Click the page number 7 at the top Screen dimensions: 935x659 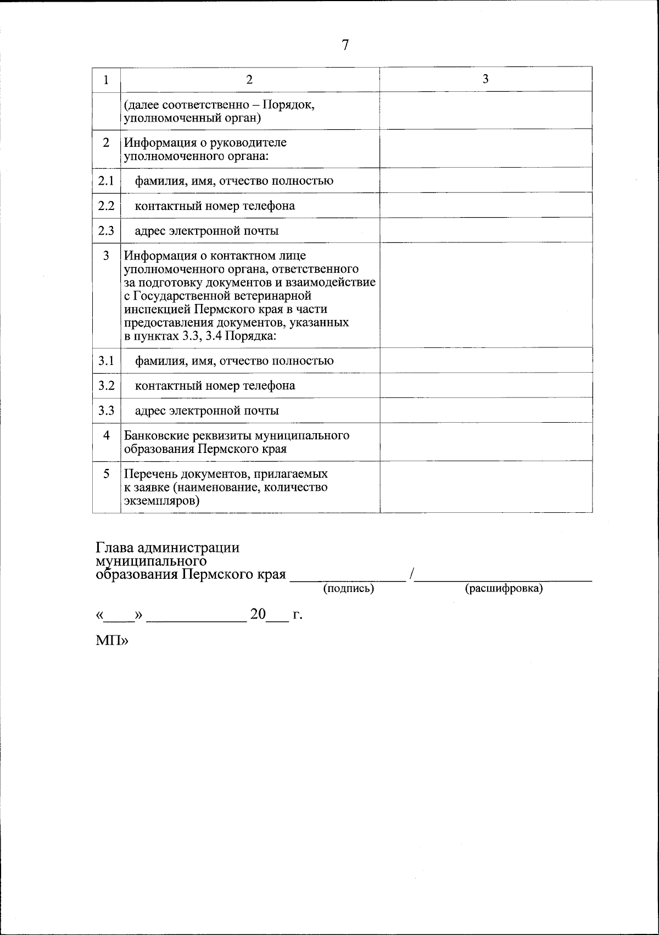(345, 45)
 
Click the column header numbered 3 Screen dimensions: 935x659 (485, 79)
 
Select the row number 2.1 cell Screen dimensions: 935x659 (106, 180)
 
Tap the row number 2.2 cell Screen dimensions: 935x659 (106, 205)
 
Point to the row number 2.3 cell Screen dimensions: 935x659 (106, 230)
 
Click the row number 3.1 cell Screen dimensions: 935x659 (106, 361)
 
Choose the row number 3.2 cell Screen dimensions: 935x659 (106, 385)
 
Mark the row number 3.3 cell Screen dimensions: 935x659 (106, 410)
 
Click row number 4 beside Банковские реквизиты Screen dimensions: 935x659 (106, 435)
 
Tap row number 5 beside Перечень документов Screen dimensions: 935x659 (106, 473)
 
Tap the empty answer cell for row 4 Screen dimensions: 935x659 (485, 442)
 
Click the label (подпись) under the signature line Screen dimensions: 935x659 (348, 589)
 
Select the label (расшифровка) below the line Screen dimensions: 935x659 (504, 589)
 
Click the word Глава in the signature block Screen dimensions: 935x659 (114, 548)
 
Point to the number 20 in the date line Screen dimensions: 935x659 (258, 615)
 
